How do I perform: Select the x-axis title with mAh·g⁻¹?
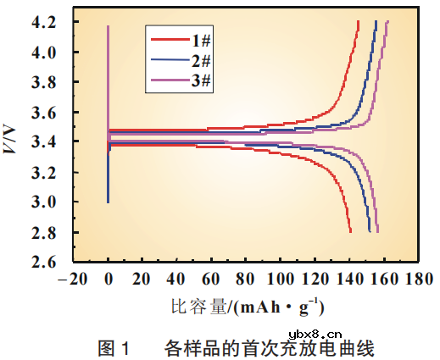click(x=246, y=306)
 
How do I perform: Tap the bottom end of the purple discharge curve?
click(x=377, y=231)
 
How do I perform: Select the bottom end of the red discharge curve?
click(x=350, y=231)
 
